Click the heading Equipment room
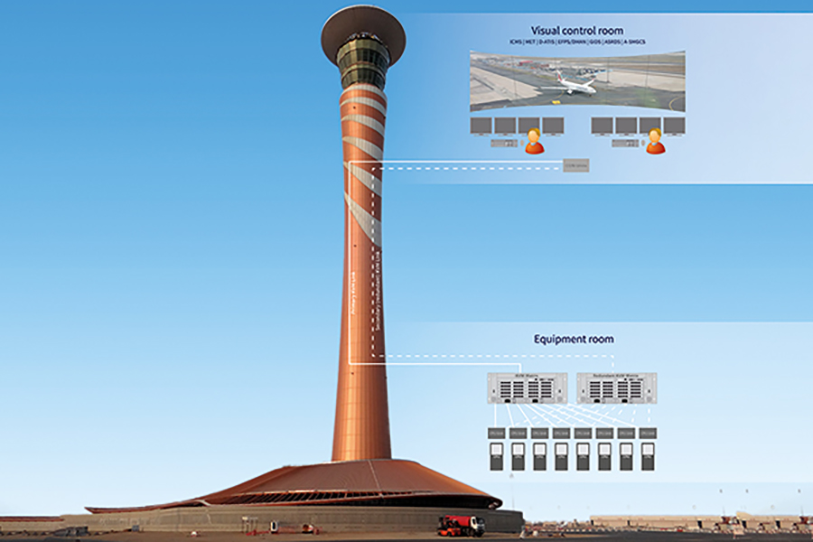pyautogui.click(x=574, y=339)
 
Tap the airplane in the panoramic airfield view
pyautogui.click(x=575, y=85)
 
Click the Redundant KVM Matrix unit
pyautogui.click(x=616, y=388)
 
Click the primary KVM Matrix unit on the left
pyautogui.click(x=527, y=388)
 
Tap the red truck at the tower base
pyautogui.click(x=461, y=525)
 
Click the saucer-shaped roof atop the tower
pyautogui.click(x=363, y=27)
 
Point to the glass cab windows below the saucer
pyautogui.click(x=363, y=59)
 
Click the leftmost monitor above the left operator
pyautogui.click(x=481, y=126)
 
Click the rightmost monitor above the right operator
pyautogui.click(x=674, y=126)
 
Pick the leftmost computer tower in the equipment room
pyautogui.click(x=496, y=458)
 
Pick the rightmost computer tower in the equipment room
pyautogui.click(x=647, y=458)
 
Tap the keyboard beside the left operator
pyautogui.click(x=502, y=143)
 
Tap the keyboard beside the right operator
pyautogui.click(x=623, y=143)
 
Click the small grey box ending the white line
pyautogui.click(x=575, y=166)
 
